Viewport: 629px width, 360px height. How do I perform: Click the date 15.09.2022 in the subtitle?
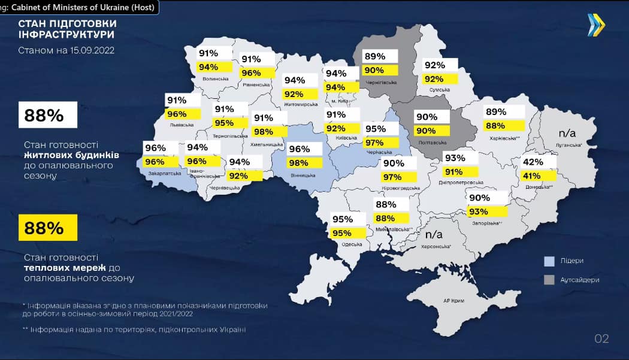click(90, 51)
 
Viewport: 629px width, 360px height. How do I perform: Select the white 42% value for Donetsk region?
click(533, 162)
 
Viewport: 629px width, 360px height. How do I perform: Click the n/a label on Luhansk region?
click(567, 132)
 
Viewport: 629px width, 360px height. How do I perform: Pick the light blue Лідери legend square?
click(549, 261)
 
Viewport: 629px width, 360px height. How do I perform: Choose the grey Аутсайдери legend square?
click(549, 280)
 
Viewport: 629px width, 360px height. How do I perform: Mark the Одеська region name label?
click(352, 244)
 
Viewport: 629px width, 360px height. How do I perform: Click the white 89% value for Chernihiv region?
click(375, 57)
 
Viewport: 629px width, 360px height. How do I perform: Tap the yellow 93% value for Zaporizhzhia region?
click(479, 211)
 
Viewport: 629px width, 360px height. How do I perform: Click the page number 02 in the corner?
click(601, 339)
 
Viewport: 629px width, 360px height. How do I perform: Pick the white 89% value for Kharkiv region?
click(496, 112)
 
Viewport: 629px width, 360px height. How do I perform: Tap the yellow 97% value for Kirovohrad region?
click(393, 177)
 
